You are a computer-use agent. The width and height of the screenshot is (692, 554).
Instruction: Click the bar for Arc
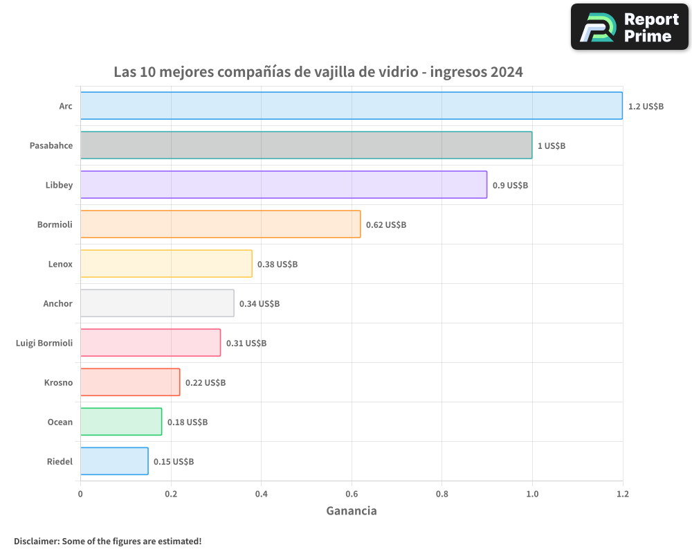click(x=351, y=106)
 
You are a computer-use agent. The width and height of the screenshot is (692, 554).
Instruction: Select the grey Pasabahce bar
click(x=306, y=145)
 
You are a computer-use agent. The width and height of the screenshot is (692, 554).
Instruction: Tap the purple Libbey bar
click(x=284, y=185)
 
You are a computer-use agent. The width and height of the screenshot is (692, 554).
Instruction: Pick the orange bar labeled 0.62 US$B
click(x=220, y=224)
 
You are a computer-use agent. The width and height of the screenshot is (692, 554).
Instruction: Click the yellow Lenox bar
click(x=166, y=264)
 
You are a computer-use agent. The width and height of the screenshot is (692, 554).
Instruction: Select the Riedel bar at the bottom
click(x=114, y=461)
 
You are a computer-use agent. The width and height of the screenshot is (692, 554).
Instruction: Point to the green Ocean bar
click(x=121, y=422)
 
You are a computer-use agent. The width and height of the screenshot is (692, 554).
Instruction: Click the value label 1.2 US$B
click(x=646, y=107)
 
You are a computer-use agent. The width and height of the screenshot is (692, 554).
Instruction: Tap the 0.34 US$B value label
click(x=259, y=304)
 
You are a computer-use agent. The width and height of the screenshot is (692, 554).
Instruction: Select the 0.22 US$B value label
click(x=206, y=383)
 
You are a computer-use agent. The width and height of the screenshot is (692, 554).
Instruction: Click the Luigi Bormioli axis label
click(x=44, y=343)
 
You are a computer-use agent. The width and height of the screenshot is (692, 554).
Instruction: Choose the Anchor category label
click(x=57, y=303)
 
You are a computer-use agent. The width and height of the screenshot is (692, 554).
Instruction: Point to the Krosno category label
click(x=58, y=382)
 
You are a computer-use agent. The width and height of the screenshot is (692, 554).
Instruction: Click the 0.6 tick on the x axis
click(x=352, y=494)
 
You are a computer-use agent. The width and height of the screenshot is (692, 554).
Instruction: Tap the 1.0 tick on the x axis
click(x=532, y=494)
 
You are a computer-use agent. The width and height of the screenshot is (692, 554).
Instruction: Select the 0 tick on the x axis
click(x=80, y=494)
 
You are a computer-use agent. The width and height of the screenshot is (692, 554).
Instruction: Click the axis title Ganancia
click(x=352, y=511)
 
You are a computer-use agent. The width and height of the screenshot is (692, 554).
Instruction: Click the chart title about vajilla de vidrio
click(x=318, y=72)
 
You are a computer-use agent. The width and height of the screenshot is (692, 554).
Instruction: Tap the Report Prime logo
click(x=630, y=27)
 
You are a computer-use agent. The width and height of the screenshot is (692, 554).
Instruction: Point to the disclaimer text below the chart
click(x=107, y=541)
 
